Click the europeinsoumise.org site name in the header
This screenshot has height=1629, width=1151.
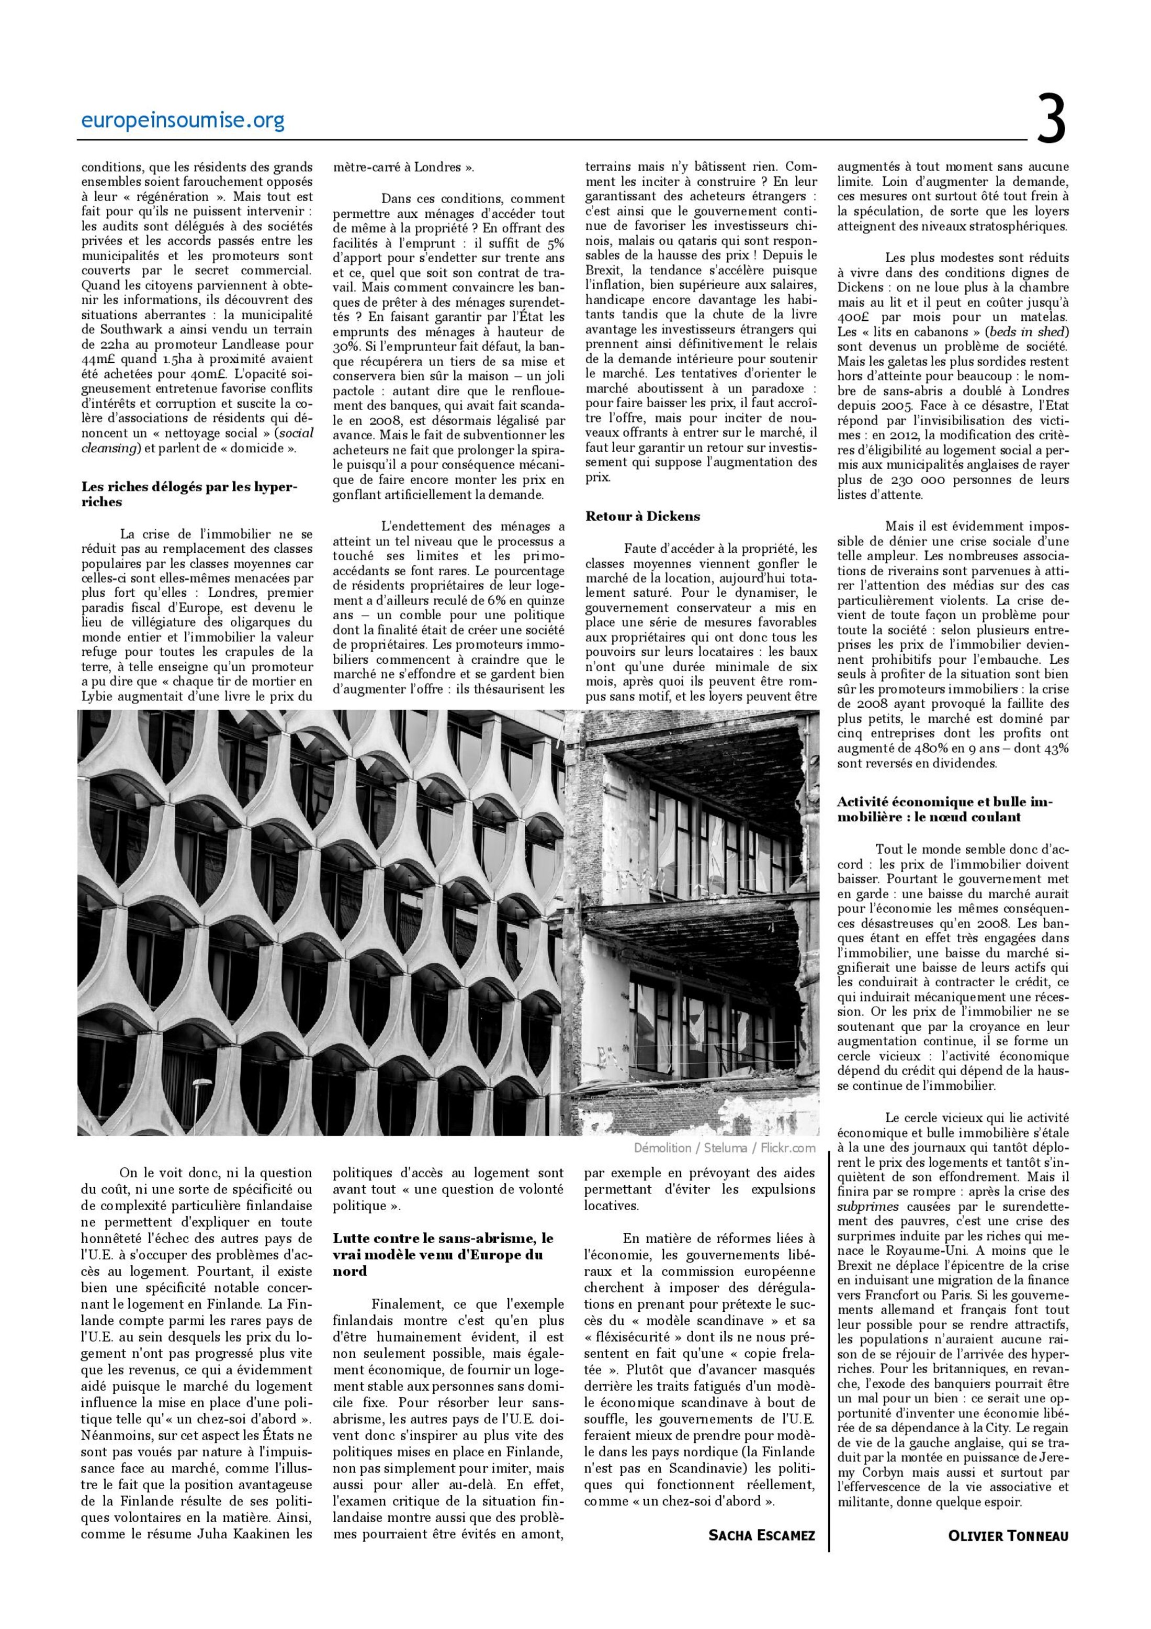pos(183,121)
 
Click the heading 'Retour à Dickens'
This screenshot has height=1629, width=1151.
pos(642,517)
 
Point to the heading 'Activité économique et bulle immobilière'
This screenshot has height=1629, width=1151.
pos(945,809)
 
